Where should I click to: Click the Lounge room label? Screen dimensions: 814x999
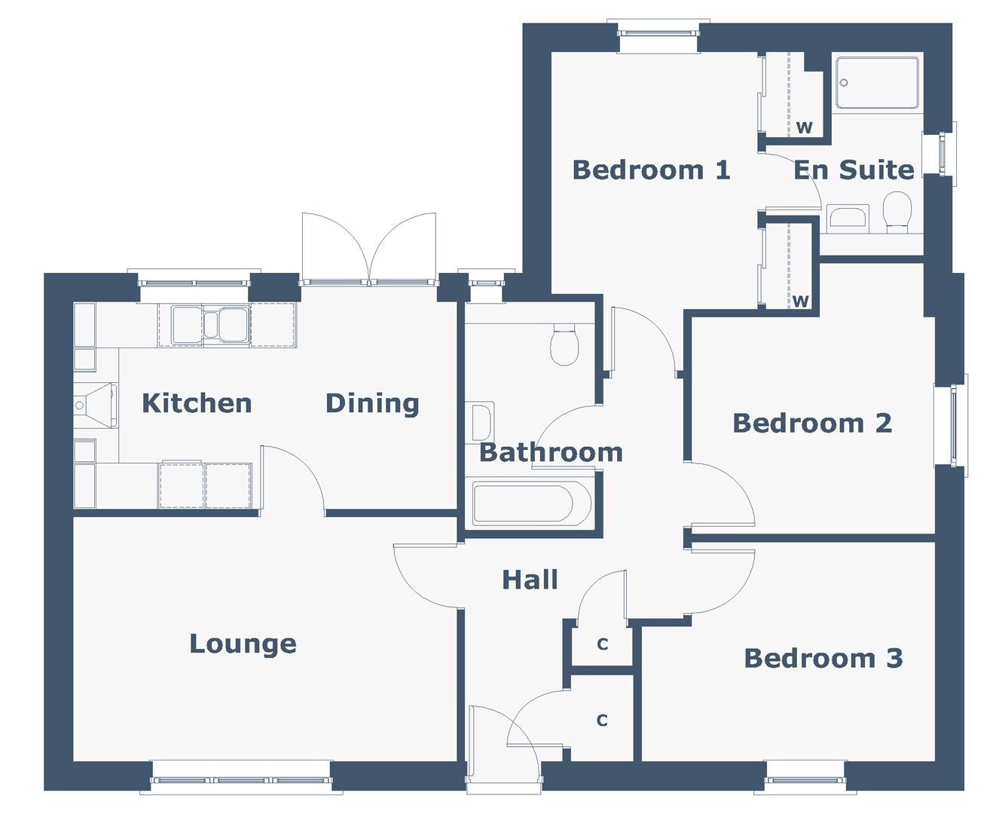point(243,644)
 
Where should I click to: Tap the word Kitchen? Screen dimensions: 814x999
point(197,403)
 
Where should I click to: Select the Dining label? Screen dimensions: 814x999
point(371,403)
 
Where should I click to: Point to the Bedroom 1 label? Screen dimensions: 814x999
point(651,170)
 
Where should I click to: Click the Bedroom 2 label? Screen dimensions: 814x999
point(811,423)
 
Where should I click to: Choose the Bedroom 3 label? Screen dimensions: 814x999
point(823,658)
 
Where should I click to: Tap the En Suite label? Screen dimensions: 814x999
point(854,170)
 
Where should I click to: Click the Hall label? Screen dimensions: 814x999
point(530,580)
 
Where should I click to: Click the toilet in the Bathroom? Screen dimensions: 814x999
point(564,345)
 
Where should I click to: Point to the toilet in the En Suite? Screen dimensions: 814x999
point(897,210)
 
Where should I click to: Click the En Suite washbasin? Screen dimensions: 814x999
point(848,217)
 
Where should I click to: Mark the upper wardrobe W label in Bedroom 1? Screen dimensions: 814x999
point(804,127)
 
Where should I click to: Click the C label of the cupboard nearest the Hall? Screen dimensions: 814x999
point(602,644)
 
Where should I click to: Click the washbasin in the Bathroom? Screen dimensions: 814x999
point(481,423)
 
